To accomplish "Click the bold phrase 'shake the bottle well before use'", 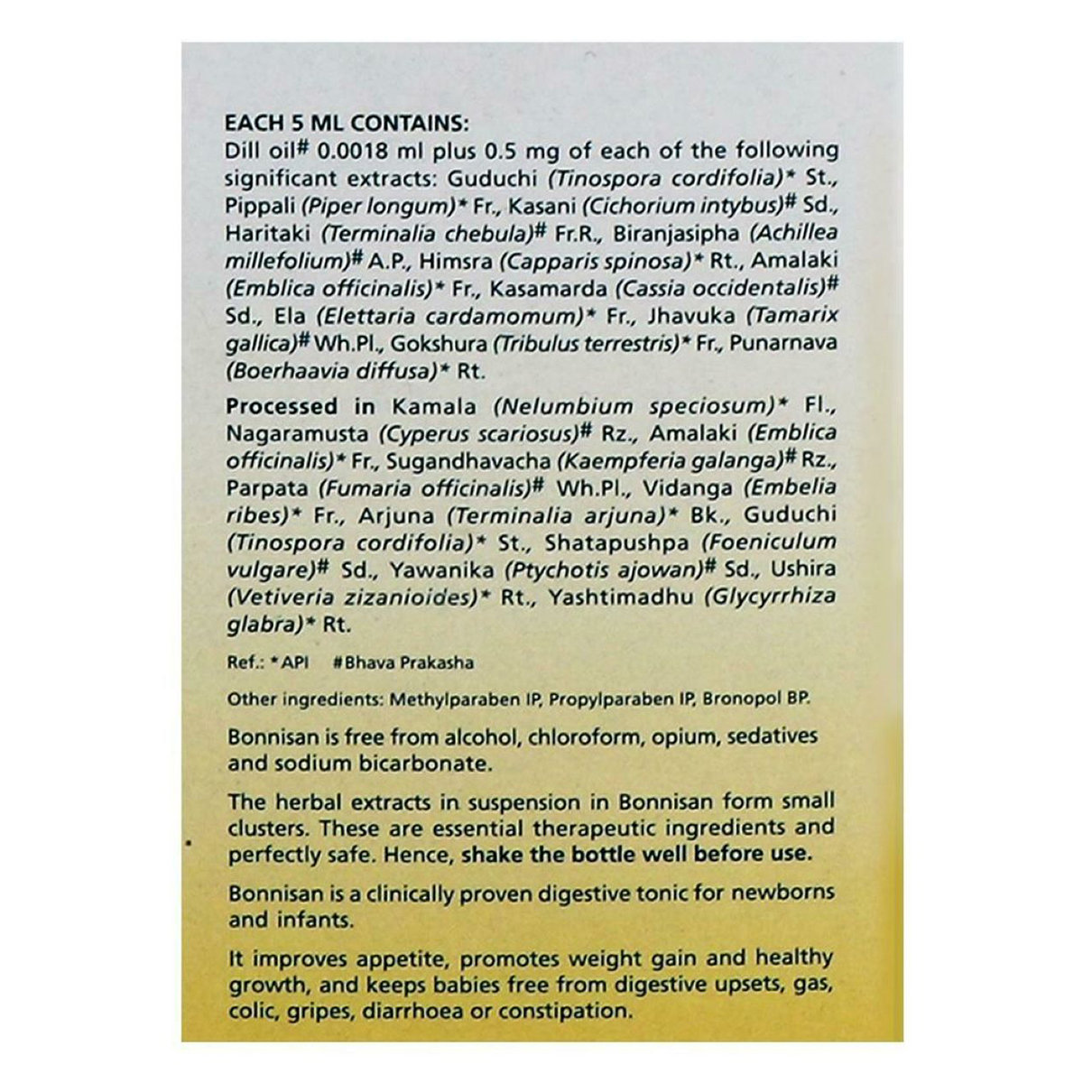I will tap(636, 853).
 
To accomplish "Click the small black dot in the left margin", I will tap(189, 844).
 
